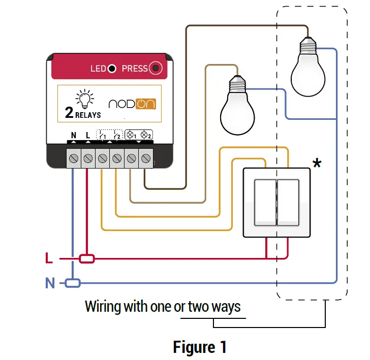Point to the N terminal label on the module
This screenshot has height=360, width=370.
click(74, 136)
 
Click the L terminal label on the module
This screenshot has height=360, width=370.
click(88, 136)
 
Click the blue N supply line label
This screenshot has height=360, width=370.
click(50, 283)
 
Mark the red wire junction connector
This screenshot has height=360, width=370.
click(87, 259)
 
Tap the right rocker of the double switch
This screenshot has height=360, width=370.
click(290, 202)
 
